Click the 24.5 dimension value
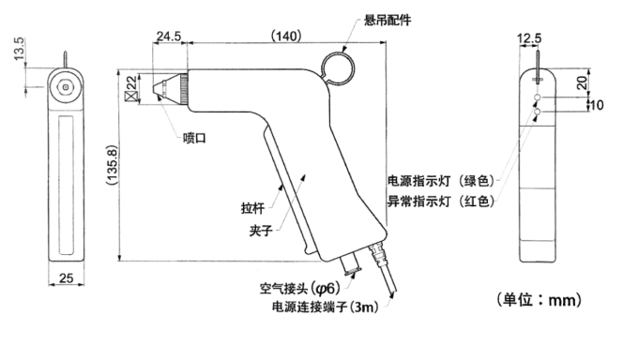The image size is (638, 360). pyautogui.click(x=169, y=37)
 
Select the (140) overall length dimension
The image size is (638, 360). pyautogui.click(x=286, y=36)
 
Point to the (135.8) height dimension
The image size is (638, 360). pyautogui.click(x=112, y=165)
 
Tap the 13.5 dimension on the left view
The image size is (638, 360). pyautogui.click(x=19, y=49)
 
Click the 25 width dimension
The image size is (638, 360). pyautogui.click(x=67, y=278)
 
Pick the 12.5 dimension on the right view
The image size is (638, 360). pyautogui.click(x=529, y=38)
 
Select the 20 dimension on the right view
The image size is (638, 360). pyautogui.click(x=583, y=83)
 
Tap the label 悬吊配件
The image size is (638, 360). pyautogui.click(x=387, y=20)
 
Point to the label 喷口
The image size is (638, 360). pyautogui.click(x=194, y=138)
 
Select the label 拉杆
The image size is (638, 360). pyautogui.click(x=252, y=208)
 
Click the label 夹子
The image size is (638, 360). pyautogui.click(x=261, y=231)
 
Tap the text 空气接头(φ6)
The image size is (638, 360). pyautogui.click(x=300, y=289)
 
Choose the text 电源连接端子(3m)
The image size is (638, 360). pyautogui.click(x=325, y=307)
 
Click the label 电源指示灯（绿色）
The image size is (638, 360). pyautogui.click(x=441, y=181)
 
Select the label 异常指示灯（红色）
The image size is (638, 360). pyautogui.click(x=441, y=201)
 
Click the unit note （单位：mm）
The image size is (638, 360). pyautogui.click(x=539, y=300)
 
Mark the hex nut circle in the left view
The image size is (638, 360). pyautogui.click(x=65, y=86)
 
